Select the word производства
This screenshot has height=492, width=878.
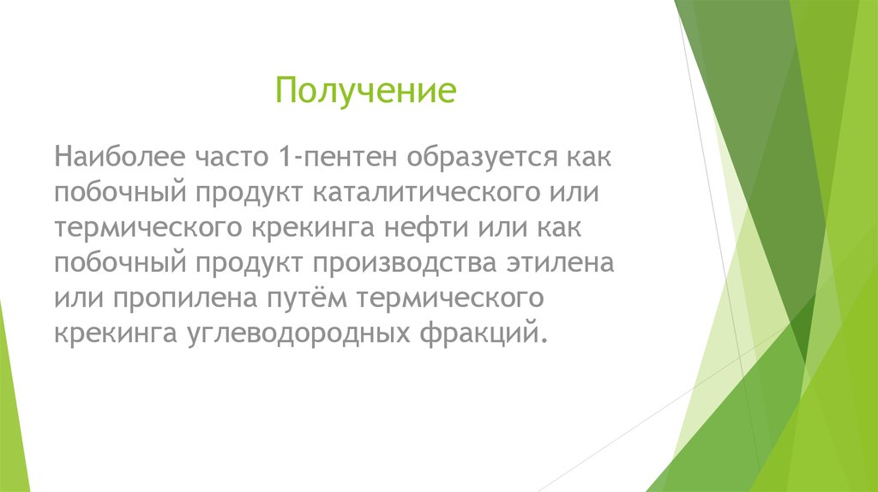click(402, 262)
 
